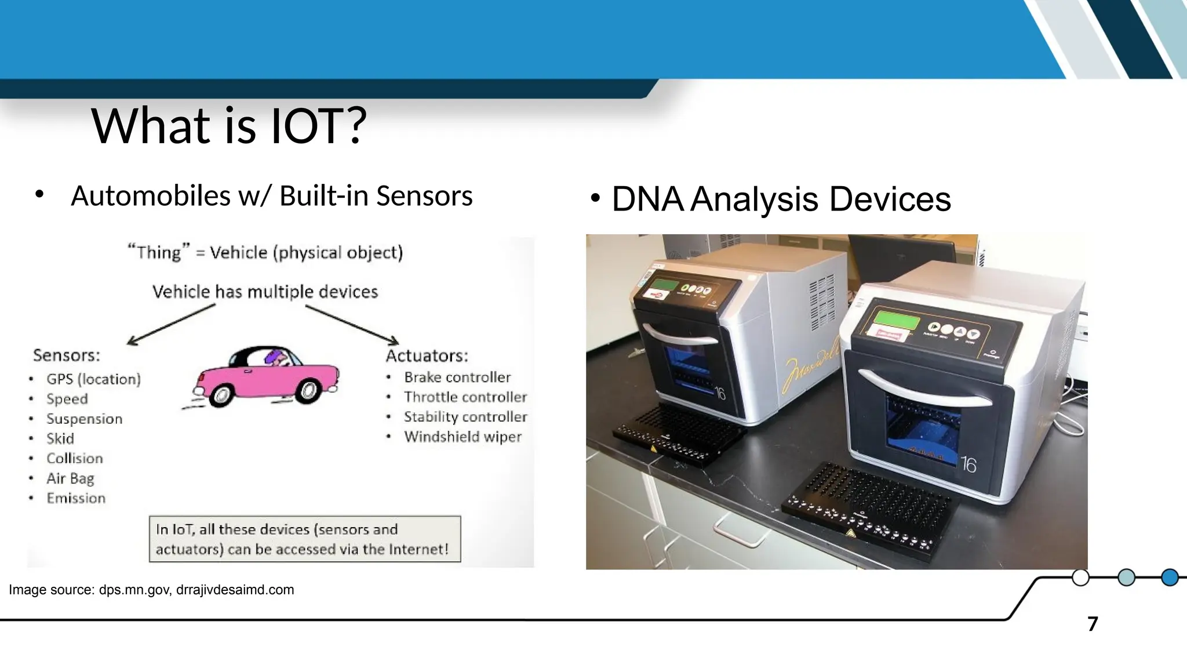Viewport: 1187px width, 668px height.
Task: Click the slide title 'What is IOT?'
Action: pos(229,126)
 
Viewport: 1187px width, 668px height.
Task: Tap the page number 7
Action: pos(1093,624)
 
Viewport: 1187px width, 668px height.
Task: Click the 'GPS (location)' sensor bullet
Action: pos(93,379)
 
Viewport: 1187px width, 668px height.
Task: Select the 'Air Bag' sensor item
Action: pos(70,478)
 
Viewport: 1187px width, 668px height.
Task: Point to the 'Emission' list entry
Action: pos(76,498)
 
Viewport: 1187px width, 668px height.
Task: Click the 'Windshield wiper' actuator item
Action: pos(463,437)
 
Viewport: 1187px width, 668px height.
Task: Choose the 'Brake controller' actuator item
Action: pos(457,377)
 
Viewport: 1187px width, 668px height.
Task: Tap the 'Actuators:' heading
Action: pos(427,355)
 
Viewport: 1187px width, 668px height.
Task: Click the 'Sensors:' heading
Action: pos(67,355)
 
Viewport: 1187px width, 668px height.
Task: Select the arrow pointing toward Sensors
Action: pos(171,325)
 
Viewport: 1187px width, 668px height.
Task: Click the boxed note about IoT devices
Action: pos(305,539)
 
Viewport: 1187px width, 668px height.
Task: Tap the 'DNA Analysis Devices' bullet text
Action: pos(781,199)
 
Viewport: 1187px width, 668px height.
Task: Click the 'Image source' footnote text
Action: pos(151,590)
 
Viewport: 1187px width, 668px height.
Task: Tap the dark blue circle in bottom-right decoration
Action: pos(1170,578)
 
